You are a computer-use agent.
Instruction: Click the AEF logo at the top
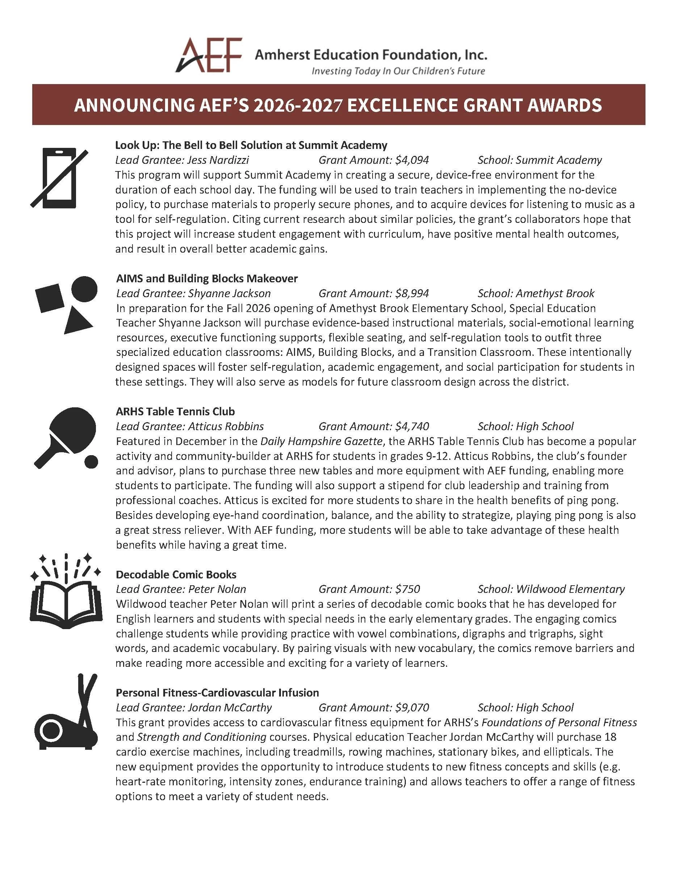coord(209,55)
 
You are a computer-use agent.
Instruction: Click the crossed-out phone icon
coord(59,178)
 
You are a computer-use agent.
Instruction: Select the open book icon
coord(66,603)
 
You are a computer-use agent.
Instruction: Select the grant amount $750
coord(407,589)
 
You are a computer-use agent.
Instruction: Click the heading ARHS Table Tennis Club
coord(175,411)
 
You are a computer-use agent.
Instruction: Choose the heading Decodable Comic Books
coord(176,574)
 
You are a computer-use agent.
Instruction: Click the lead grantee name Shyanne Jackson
coord(229,294)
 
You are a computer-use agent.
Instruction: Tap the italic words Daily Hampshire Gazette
coord(321,441)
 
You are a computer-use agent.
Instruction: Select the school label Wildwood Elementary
coord(570,589)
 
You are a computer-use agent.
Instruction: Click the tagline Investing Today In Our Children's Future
coord(398,71)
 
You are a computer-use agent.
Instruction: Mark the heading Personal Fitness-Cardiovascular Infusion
coord(217,693)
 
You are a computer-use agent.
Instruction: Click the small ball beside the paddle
coord(92,462)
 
